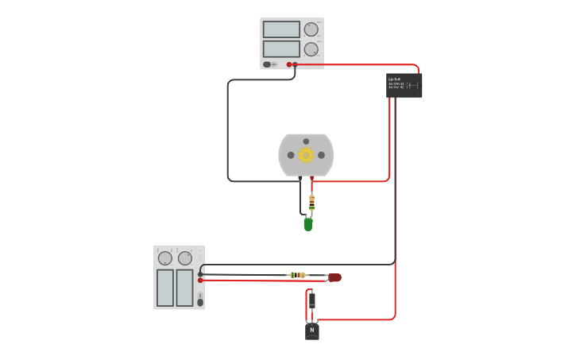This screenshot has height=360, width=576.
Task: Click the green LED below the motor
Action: point(307,225)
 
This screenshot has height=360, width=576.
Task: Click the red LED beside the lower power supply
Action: point(334,277)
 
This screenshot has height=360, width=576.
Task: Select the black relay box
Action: point(404,85)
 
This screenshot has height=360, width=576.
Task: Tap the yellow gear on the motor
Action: point(306,155)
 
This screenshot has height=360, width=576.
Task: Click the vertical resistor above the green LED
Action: point(311,203)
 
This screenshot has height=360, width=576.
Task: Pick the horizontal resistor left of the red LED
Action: point(298,275)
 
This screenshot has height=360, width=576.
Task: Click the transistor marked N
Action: point(311,331)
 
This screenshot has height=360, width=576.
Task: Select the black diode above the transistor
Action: point(311,300)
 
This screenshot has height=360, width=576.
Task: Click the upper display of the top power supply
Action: point(281,29)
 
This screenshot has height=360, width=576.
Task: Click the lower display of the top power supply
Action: point(281,48)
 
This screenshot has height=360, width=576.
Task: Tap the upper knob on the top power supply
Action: point(311,29)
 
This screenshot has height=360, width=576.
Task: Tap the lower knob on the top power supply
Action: point(311,49)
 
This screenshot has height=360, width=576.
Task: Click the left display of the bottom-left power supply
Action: point(164,287)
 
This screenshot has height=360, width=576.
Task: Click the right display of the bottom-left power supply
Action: point(184,287)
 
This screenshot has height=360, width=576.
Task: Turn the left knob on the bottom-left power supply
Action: point(164,258)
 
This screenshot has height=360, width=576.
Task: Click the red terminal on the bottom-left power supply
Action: point(200,280)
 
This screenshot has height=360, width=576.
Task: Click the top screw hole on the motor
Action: point(306,141)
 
